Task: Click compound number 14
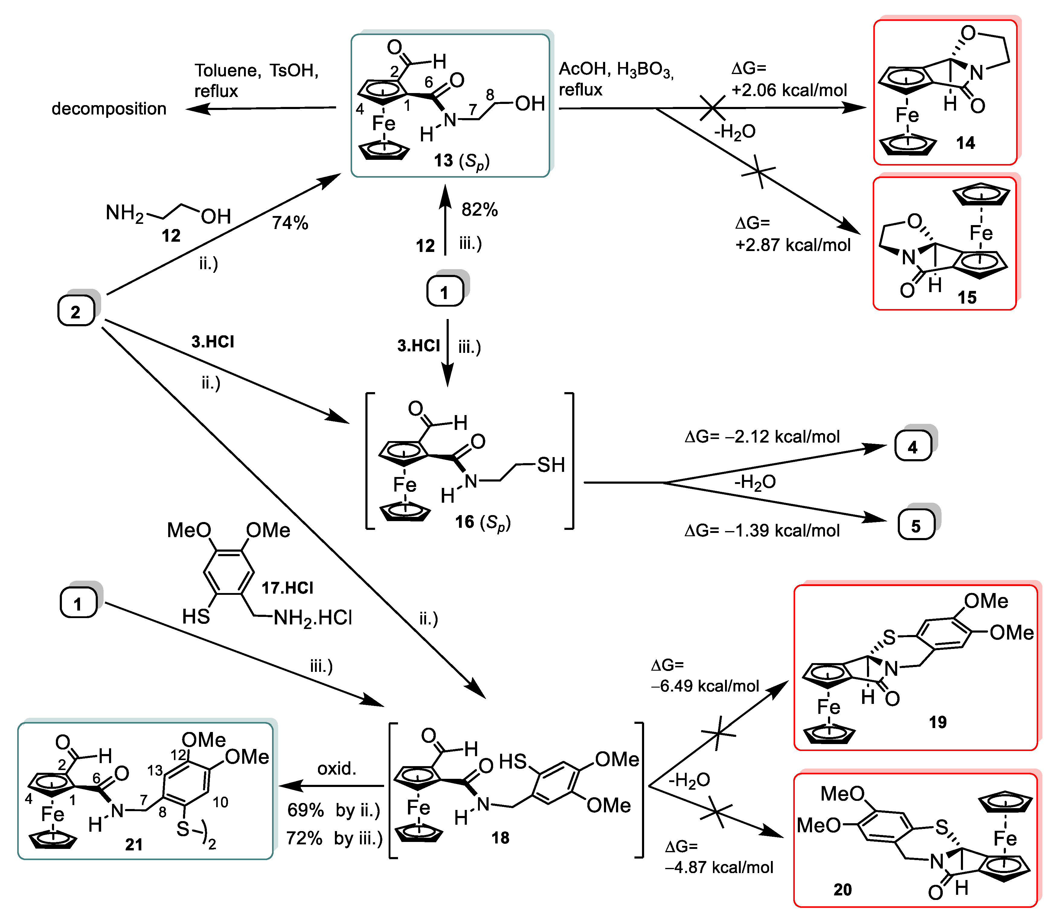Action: pyautogui.click(x=965, y=143)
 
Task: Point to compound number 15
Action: pyautogui.click(x=967, y=297)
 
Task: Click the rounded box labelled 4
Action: pyautogui.click(x=913, y=446)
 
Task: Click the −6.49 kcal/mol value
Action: pyautogui.click(x=705, y=686)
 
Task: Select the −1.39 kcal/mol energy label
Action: pyautogui.click(x=762, y=530)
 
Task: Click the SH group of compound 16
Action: pyautogui.click(x=550, y=465)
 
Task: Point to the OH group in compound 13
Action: pyautogui.click(x=530, y=103)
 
